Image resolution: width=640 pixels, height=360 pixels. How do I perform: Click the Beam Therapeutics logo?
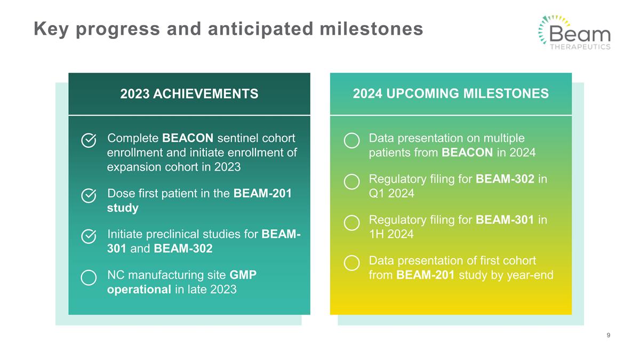pyautogui.click(x=574, y=33)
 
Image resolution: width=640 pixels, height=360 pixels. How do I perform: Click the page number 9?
pyautogui.click(x=609, y=335)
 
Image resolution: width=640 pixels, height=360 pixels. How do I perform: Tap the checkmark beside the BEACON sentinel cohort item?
pyautogui.click(x=89, y=140)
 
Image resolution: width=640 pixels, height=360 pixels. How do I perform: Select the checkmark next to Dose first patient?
pyautogui.click(x=89, y=196)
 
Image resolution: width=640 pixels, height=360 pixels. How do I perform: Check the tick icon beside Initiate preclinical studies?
pyautogui.click(x=89, y=236)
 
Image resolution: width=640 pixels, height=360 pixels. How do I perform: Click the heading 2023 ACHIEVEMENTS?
pyautogui.click(x=189, y=94)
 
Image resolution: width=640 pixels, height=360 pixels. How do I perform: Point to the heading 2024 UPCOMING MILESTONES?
pyautogui.click(x=451, y=93)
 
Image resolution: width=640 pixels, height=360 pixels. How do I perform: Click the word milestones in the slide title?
pyautogui.click(x=371, y=29)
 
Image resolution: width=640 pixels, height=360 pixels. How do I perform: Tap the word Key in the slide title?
pyautogui.click(x=51, y=30)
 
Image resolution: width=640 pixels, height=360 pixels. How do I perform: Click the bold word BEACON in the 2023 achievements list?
pyautogui.click(x=188, y=138)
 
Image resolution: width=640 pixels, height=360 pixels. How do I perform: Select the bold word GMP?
pyautogui.click(x=243, y=275)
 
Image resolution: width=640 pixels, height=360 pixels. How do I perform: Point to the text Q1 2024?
pyautogui.click(x=391, y=194)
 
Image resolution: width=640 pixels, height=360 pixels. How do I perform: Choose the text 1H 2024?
pyautogui.click(x=391, y=234)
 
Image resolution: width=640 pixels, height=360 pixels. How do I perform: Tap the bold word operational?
pyautogui.click(x=139, y=290)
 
